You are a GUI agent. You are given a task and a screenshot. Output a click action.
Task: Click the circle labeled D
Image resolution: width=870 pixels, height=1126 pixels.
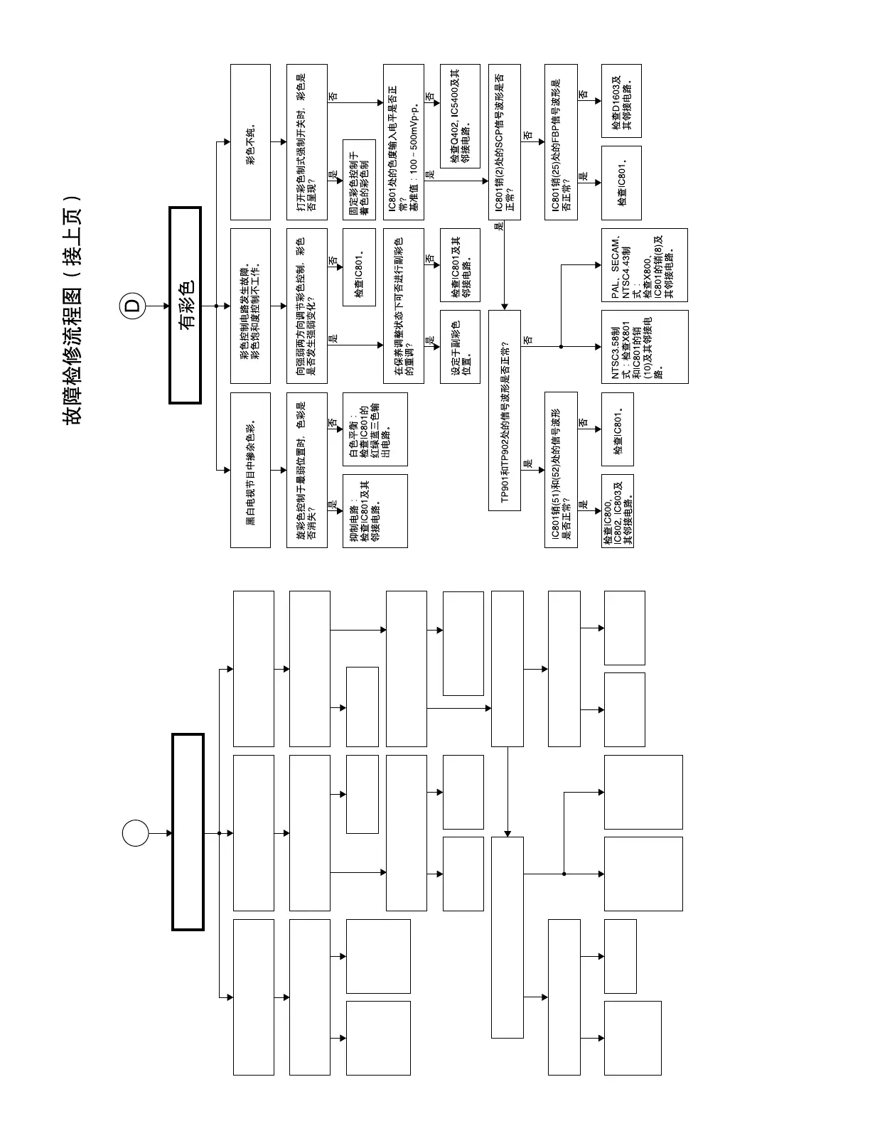134,306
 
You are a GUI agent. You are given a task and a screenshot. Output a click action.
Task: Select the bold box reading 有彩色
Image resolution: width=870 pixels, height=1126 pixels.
186,306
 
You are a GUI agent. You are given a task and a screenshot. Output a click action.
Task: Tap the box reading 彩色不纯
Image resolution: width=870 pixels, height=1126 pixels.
250,142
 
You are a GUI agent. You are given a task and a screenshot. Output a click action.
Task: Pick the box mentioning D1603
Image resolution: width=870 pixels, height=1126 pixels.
621,101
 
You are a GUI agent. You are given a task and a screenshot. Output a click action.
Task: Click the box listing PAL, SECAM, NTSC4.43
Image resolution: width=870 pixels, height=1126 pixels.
644,264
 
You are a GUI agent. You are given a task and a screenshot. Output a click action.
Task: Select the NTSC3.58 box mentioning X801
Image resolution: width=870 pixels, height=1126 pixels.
644,347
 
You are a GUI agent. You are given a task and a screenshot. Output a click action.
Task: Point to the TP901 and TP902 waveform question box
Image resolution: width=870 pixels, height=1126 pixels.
505,410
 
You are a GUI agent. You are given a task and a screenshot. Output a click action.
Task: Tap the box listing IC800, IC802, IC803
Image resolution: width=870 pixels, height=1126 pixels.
617,511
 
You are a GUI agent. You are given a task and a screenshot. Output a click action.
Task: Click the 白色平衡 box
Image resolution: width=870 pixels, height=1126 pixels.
375,429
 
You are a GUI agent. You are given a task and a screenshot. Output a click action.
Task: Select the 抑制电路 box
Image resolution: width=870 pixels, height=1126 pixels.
375,511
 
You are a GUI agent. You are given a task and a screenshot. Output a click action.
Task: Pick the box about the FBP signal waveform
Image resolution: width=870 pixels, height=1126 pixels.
561,142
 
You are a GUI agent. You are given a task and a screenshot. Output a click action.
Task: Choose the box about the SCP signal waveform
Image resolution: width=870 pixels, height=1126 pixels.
505,142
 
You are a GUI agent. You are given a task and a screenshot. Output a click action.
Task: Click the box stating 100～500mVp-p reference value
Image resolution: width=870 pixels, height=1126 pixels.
403,142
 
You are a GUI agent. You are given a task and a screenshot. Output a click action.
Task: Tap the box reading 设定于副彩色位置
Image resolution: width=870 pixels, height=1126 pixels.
460,347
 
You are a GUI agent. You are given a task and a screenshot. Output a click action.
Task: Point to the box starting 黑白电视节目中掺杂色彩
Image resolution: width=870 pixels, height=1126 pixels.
250,470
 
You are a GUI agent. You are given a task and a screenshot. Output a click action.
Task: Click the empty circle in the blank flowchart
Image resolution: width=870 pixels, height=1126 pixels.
135,833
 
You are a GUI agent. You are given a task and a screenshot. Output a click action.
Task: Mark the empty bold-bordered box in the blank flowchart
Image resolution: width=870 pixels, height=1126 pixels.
188,832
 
